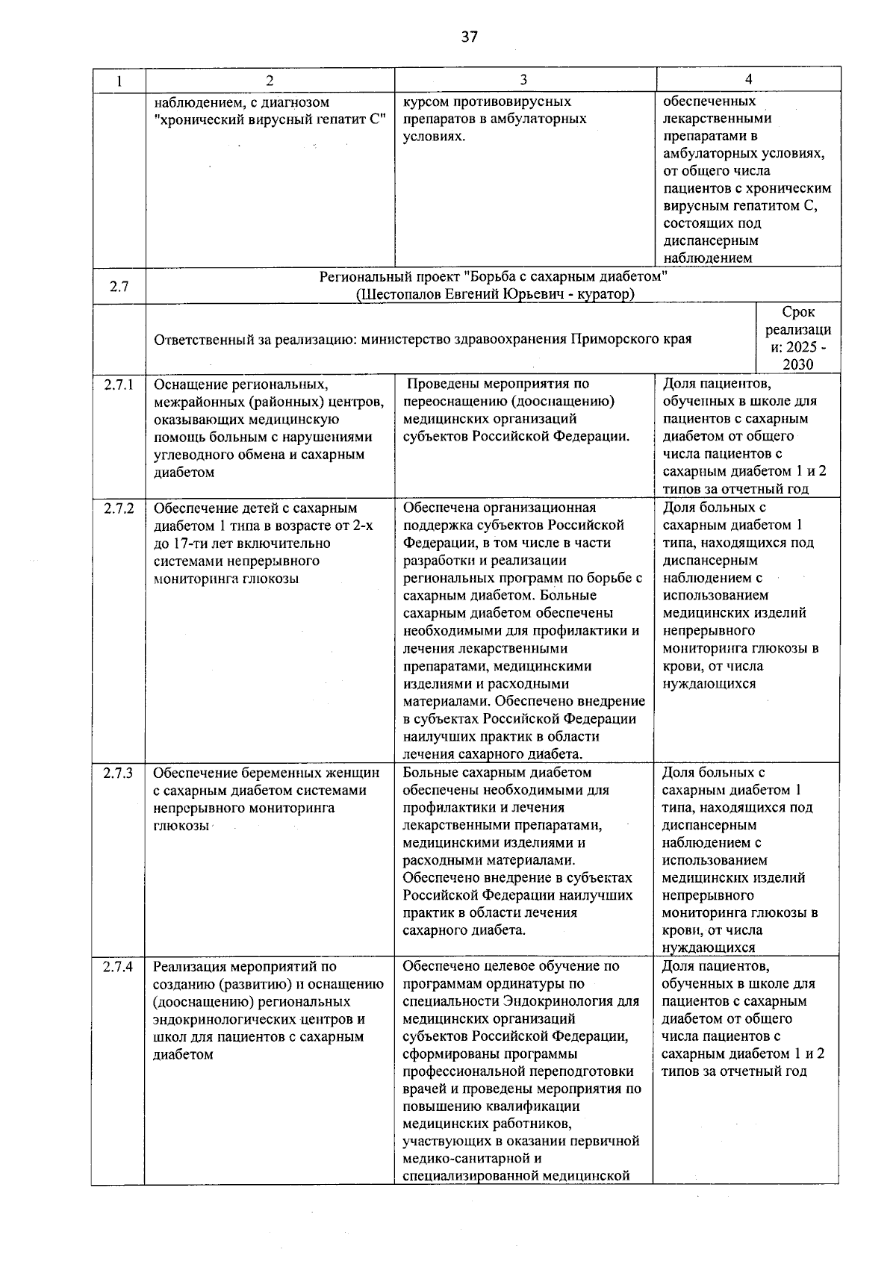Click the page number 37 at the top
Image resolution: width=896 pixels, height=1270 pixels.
(469, 37)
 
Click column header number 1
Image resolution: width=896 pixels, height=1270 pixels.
(119, 80)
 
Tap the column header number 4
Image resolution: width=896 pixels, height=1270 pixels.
(748, 79)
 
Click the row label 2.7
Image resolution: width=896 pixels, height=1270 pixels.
(119, 286)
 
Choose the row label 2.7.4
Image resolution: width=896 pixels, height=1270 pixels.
(119, 967)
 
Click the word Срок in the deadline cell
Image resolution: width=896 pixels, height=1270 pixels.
(798, 312)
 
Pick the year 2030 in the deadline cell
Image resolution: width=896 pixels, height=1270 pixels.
(798, 365)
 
